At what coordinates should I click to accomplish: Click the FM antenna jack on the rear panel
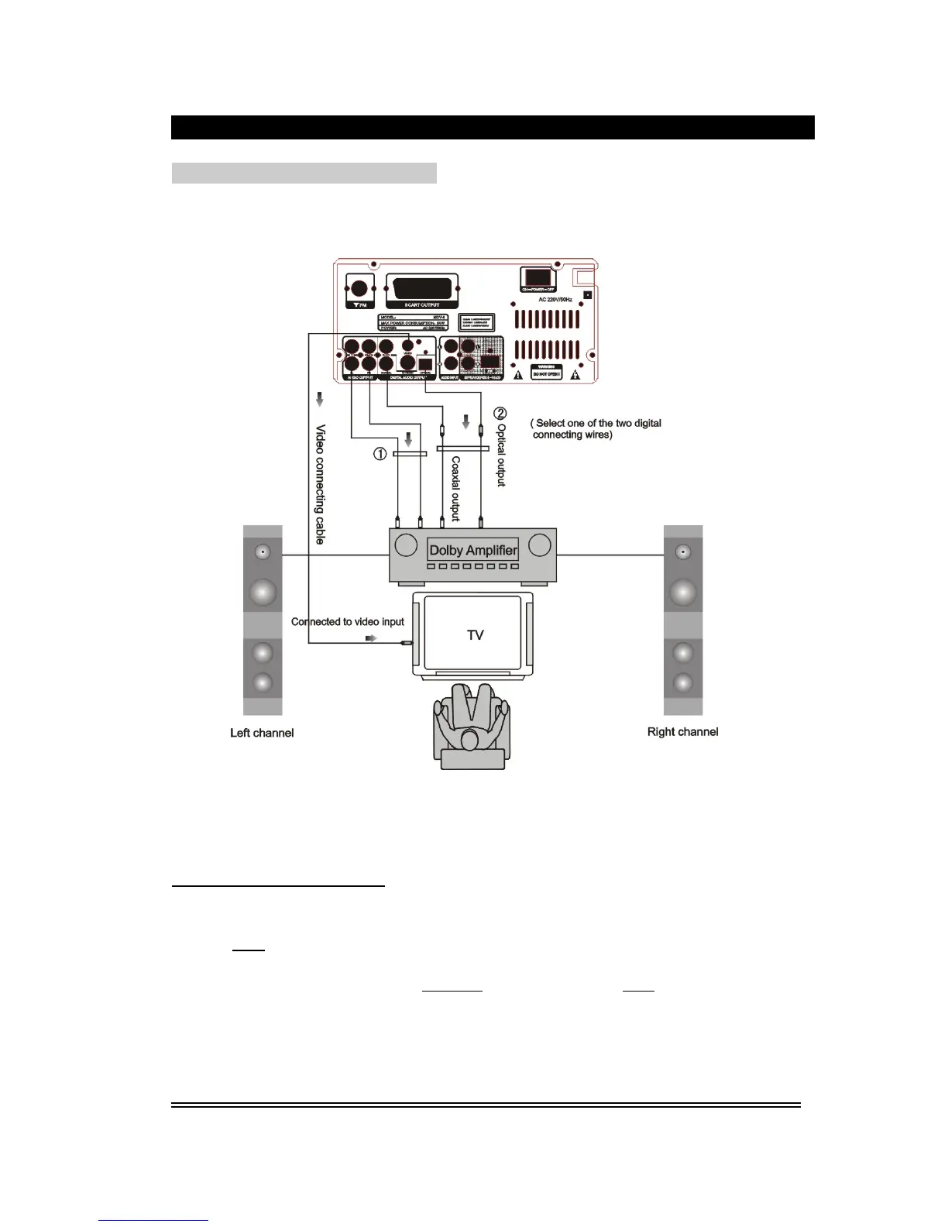pyautogui.click(x=359, y=288)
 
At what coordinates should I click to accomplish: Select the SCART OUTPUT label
pyautogui.click(x=422, y=305)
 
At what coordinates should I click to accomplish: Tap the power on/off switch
pyautogui.click(x=538, y=277)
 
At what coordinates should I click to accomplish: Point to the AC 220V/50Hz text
pyautogui.click(x=555, y=299)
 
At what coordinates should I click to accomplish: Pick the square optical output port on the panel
pyautogui.click(x=424, y=363)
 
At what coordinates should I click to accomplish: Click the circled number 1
pyautogui.click(x=380, y=454)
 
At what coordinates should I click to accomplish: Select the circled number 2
pyautogui.click(x=500, y=413)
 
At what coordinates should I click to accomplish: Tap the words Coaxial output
pyautogui.click(x=455, y=488)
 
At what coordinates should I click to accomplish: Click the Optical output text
pyautogui.click(x=501, y=455)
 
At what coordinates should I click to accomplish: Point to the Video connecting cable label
pyautogui.click(x=320, y=483)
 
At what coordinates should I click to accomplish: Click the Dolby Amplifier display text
pyautogui.click(x=472, y=550)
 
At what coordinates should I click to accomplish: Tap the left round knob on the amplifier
pyautogui.click(x=406, y=545)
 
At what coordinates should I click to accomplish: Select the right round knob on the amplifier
pyautogui.click(x=539, y=545)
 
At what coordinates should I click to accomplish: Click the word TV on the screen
pyautogui.click(x=475, y=635)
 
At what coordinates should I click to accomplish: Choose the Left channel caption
pyautogui.click(x=262, y=733)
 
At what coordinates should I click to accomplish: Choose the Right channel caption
pyautogui.click(x=682, y=732)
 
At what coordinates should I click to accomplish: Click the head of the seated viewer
pyautogui.click(x=469, y=740)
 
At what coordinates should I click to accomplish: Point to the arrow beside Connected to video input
pyautogui.click(x=371, y=638)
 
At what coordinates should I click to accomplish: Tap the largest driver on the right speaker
pyautogui.click(x=682, y=592)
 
